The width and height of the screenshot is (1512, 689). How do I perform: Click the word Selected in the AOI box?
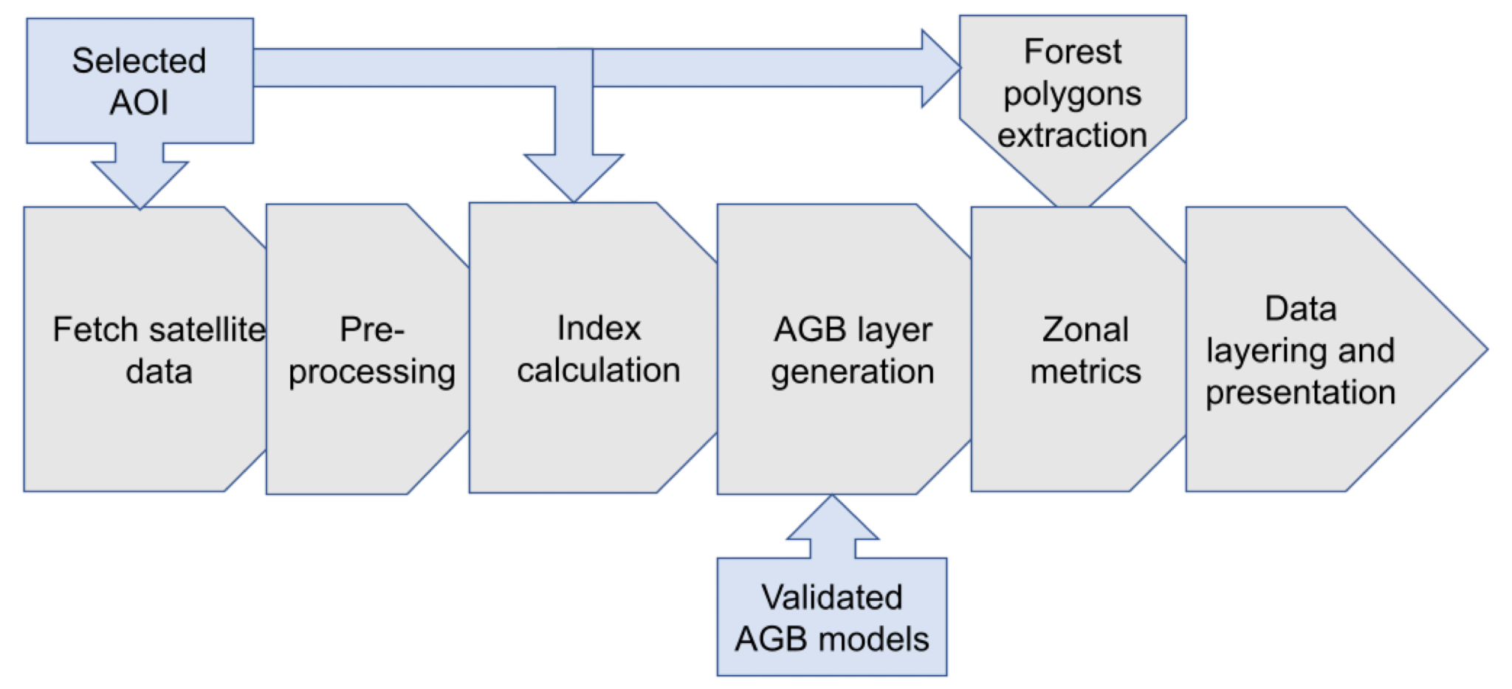pyautogui.click(x=139, y=61)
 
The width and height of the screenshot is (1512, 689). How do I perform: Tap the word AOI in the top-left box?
pyautogui.click(x=139, y=102)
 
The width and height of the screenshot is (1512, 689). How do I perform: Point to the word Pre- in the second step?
pyautogui.click(x=372, y=329)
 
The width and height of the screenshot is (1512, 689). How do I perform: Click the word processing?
pyautogui.click(x=372, y=372)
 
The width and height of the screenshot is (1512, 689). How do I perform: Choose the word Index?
pyautogui.click(x=599, y=328)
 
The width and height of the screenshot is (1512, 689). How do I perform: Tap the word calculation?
pyautogui.click(x=599, y=370)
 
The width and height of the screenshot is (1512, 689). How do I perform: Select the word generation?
pyautogui.click(x=853, y=372)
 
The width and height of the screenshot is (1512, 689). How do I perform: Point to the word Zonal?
pyautogui.click(x=1085, y=329)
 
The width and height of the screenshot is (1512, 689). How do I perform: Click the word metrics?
pyautogui.click(x=1085, y=371)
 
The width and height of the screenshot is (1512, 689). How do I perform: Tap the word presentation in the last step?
pyautogui.click(x=1301, y=393)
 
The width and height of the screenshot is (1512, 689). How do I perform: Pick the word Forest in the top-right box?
pyautogui.click(x=1073, y=52)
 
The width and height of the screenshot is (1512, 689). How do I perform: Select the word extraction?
pyautogui.click(x=1073, y=136)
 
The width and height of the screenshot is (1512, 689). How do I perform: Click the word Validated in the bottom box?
pyautogui.click(x=832, y=597)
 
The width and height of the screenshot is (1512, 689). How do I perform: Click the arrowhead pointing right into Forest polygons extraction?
pyautogui.click(x=941, y=68)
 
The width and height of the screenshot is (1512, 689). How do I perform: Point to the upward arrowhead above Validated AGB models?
pyautogui.click(x=832, y=517)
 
